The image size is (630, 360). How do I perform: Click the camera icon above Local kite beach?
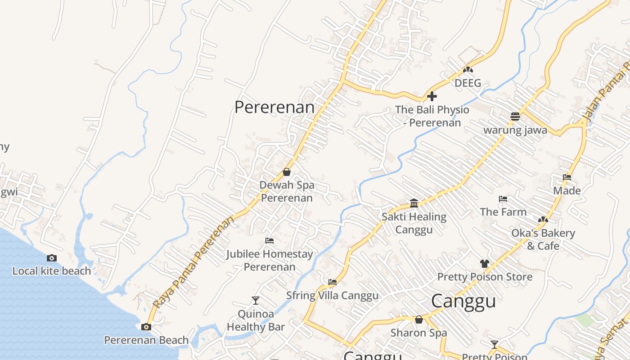click(x=52, y=258)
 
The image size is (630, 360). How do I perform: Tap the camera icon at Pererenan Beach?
click(x=146, y=327)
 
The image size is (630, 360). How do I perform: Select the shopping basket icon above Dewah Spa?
click(x=286, y=172)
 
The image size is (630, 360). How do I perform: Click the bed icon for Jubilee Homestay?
click(x=270, y=241)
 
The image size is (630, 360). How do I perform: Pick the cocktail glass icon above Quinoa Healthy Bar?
click(x=256, y=300)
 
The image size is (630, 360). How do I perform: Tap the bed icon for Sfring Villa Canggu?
click(x=333, y=282)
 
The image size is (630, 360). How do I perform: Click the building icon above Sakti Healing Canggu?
click(x=414, y=203)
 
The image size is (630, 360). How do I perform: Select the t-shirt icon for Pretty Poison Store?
click(x=484, y=264)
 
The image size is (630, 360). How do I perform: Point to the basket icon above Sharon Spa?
click(x=419, y=319)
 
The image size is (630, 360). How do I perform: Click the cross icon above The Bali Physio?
click(x=432, y=96)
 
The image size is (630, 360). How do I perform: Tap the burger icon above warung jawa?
click(x=515, y=117)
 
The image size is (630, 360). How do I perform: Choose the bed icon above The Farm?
click(x=503, y=199)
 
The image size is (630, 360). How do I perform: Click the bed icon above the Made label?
click(x=567, y=177)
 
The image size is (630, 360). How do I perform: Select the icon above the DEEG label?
click(x=468, y=70)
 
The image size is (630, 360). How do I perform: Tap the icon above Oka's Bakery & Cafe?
click(x=543, y=220)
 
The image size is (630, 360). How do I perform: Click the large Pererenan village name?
click(x=274, y=107)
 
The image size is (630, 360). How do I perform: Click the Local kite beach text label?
click(x=52, y=271)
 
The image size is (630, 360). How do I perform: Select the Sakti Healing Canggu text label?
click(x=414, y=223)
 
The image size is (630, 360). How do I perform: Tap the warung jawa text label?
click(x=515, y=130)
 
